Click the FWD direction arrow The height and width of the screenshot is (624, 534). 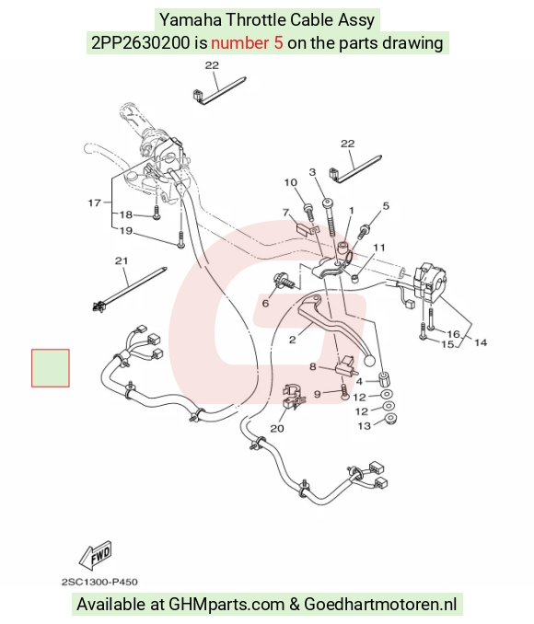point(95,556)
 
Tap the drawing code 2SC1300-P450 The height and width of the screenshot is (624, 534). point(99,583)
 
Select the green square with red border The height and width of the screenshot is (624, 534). point(51,368)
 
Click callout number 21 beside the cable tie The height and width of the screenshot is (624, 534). point(122,261)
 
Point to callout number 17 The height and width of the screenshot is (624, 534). point(95,202)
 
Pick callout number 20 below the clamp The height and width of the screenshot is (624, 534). point(277,428)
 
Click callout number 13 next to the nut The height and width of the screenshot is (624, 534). point(365,426)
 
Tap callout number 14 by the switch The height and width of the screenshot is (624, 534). point(481,342)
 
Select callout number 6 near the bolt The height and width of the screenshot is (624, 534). point(265,303)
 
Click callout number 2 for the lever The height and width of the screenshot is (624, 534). point(293,340)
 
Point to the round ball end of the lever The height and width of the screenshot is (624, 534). point(369,360)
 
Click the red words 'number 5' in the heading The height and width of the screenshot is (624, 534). point(247,43)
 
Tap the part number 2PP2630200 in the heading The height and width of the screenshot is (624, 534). point(141,43)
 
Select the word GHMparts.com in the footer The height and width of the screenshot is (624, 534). point(226,604)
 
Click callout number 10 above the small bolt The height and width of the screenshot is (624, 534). point(291,182)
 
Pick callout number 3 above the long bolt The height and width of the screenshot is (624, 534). point(313,172)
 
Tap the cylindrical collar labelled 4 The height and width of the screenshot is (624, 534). point(384,379)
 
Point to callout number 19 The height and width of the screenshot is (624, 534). point(126,231)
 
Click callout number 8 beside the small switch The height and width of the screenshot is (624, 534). point(313,366)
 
